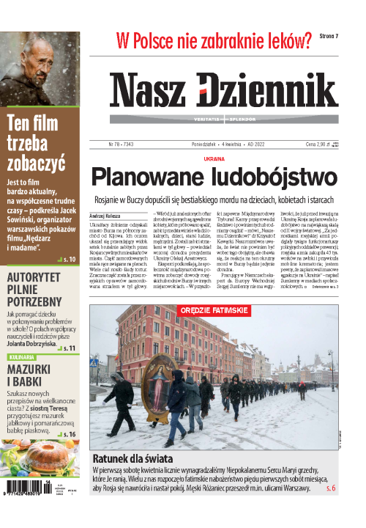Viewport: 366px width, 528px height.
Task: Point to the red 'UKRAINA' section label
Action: coord(214,158)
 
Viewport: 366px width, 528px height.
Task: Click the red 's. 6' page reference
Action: coord(329,488)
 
